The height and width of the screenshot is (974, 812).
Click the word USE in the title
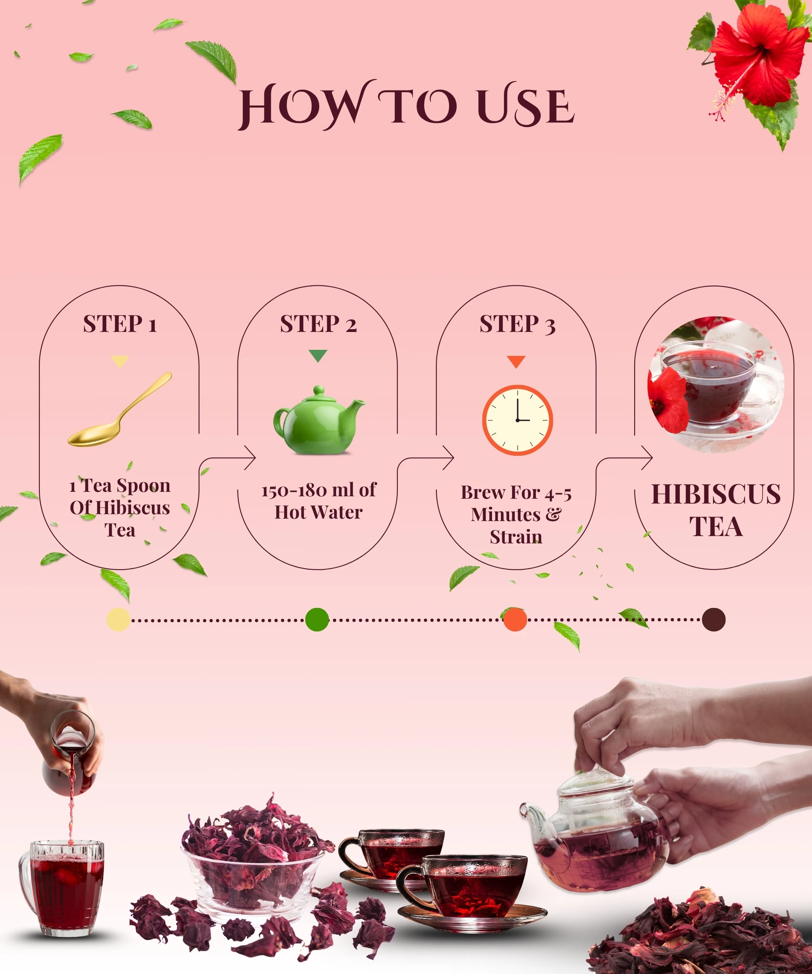click(x=526, y=107)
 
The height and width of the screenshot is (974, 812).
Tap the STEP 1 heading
click(x=120, y=324)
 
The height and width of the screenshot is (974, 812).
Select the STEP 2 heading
click(x=318, y=324)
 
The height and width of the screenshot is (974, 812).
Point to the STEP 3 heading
click(x=517, y=324)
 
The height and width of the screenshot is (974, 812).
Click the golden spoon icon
click(x=120, y=410)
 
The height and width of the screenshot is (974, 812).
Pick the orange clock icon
click(x=517, y=420)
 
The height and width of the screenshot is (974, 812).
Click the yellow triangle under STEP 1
click(x=120, y=361)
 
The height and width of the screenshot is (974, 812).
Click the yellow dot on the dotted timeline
click(x=118, y=620)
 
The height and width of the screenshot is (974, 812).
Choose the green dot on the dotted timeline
click(x=317, y=620)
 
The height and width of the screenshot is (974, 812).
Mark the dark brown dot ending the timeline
click(x=714, y=620)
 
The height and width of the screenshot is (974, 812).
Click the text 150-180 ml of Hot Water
click(x=319, y=501)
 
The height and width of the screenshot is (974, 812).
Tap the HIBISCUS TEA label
click(x=716, y=510)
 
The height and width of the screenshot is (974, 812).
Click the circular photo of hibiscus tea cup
click(x=716, y=384)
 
